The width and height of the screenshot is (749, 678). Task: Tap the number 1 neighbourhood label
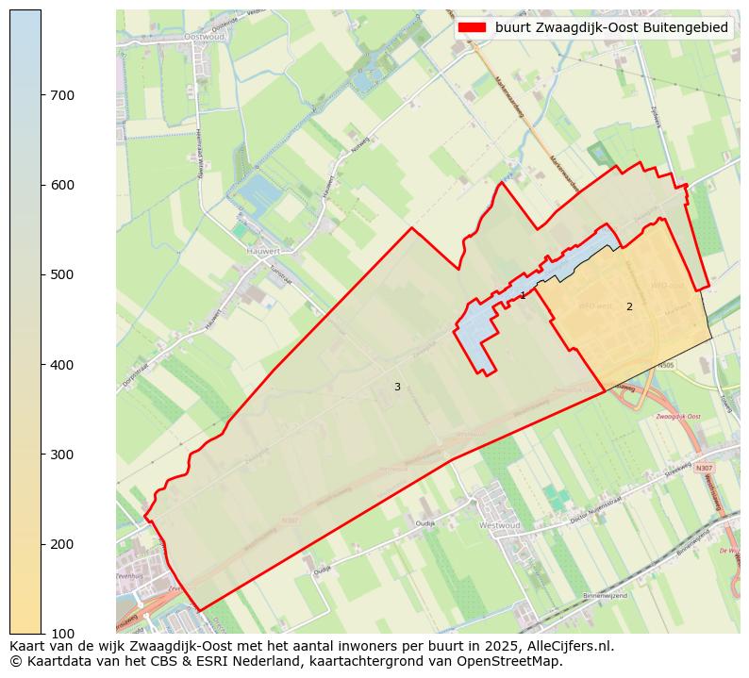[x=523, y=296]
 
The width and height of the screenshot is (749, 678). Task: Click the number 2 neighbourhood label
[x=629, y=306]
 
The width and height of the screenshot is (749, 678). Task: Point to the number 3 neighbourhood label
[x=397, y=387]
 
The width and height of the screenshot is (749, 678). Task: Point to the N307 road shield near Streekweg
[x=703, y=468]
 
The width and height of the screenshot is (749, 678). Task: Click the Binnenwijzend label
[x=605, y=595]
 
